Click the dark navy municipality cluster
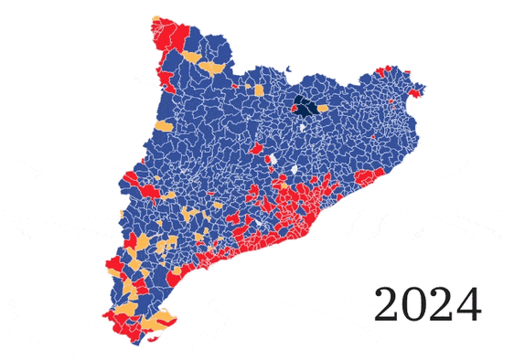pos(306,107)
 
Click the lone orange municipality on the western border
pos(165,126)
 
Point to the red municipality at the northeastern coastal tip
pos(419,90)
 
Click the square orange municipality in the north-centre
pos(260,90)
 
